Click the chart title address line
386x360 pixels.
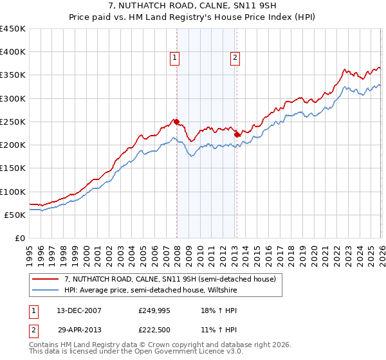coord(193,6)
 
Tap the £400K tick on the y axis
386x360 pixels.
coord(13,52)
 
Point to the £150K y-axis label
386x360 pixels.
coord(13,168)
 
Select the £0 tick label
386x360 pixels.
coord(20,238)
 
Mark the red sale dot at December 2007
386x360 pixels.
coord(176,122)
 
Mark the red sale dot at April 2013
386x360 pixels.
coord(237,134)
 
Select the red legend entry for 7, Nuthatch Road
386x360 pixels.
coord(170,278)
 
